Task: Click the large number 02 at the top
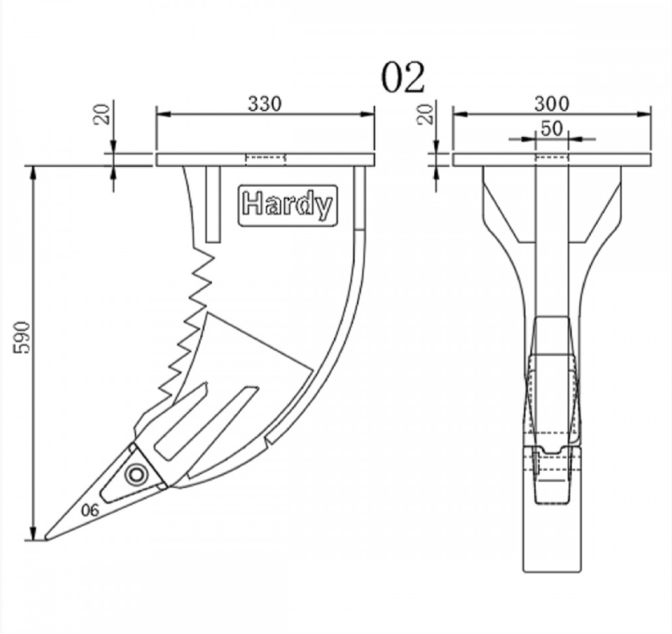403,77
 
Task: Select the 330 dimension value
265,104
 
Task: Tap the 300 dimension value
552,104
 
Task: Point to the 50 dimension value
552,128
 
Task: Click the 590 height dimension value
22,337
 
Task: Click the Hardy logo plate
287,205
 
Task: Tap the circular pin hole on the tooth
136,474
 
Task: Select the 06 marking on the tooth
90,510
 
